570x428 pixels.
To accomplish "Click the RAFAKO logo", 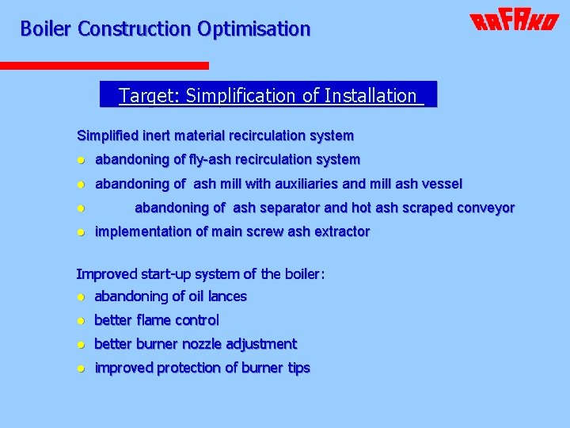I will pyautogui.click(x=515, y=21).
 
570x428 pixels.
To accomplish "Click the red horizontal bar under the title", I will pyautogui.click(x=104, y=66).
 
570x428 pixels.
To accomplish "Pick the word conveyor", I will pyautogui.click(x=485, y=208).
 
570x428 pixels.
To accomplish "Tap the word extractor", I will pyautogui.click(x=341, y=231).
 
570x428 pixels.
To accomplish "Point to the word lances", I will pyautogui.click(x=228, y=296).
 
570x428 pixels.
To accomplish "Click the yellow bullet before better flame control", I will pyautogui.click(x=81, y=321).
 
